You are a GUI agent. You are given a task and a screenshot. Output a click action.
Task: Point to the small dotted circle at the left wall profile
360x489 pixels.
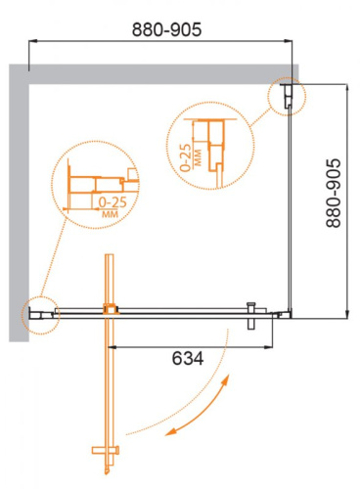(x=38, y=314)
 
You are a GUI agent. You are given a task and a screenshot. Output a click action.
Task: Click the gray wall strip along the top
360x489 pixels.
(x=157, y=70)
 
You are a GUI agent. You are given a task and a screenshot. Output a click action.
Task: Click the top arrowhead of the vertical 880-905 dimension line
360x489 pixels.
(x=346, y=86)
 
